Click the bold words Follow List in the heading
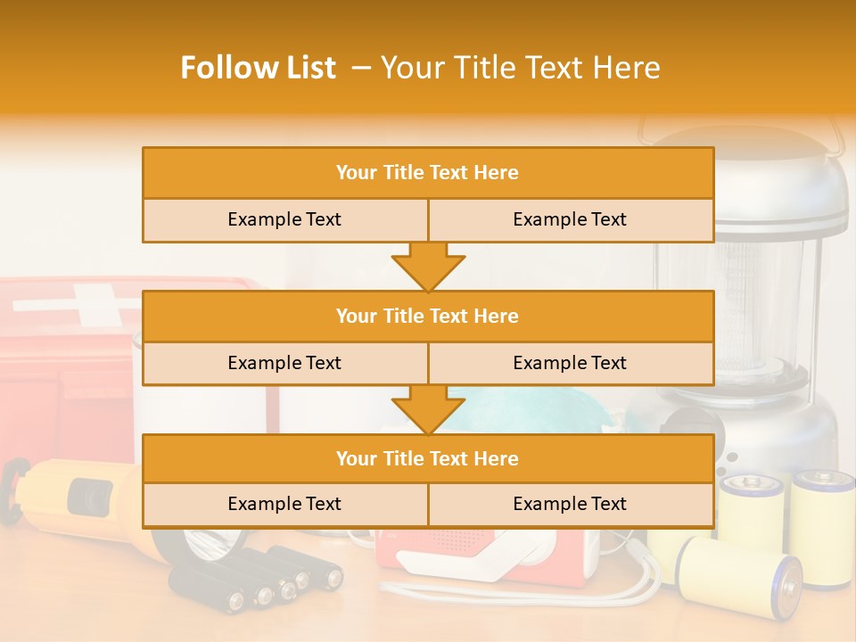click(259, 68)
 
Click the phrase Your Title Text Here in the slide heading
click(521, 68)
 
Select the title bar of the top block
click(428, 173)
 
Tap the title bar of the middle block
click(428, 316)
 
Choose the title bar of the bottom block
click(428, 458)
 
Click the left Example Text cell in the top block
click(284, 219)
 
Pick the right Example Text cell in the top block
click(570, 219)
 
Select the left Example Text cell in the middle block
click(284, 363)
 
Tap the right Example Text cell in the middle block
click(570, 363)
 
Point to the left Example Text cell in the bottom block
click(284, 504)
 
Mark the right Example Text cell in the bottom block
click(570, 504)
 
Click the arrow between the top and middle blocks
click(428, 267)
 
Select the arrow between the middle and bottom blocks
click(428, 409)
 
